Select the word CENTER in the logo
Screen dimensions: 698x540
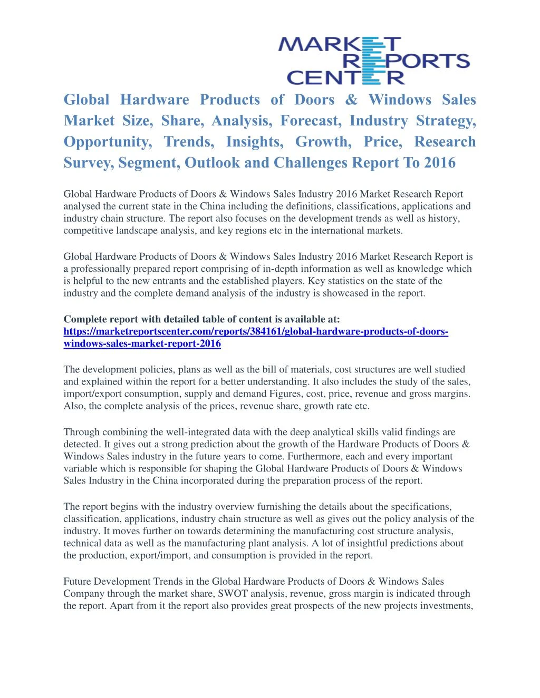346,78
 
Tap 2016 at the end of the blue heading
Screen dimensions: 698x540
439,163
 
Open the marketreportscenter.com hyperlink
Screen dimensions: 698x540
255,331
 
